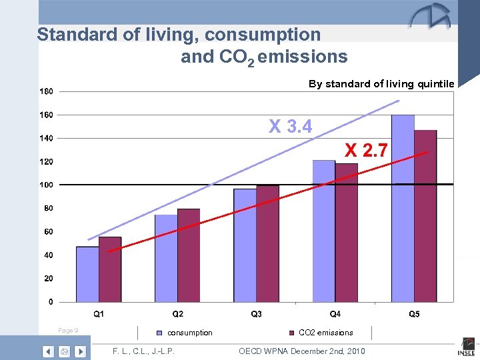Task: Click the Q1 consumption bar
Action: click(x=87, y=274)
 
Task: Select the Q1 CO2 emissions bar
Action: click(x=110, y=269)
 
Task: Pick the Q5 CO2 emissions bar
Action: click(x=425, y=216)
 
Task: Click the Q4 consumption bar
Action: click(x=323, y=231)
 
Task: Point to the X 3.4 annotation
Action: click(x=290, y=125)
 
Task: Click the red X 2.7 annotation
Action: click(x=366, y=150)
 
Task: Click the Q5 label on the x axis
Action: click(x=414, y=313)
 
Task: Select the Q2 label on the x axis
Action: click(x=178, y=313)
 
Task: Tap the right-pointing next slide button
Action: click(x=80, y=351)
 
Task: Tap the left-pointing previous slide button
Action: click(x=48, y=351)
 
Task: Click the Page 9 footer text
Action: click(x=68, y=331)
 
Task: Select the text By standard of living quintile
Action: click(x=381, y=84)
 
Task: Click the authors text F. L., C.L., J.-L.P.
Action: click(x=144, y=351)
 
